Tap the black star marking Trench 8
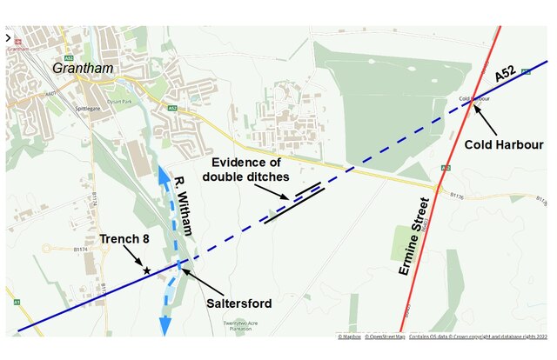click(146, 271)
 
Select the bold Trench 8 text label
click(126, 238)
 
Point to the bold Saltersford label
click(238, 303)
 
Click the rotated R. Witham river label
click(183, 205)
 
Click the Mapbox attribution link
click(349, 336)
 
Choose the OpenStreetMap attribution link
click(385, 336)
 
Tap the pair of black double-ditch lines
click(296, 201)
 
